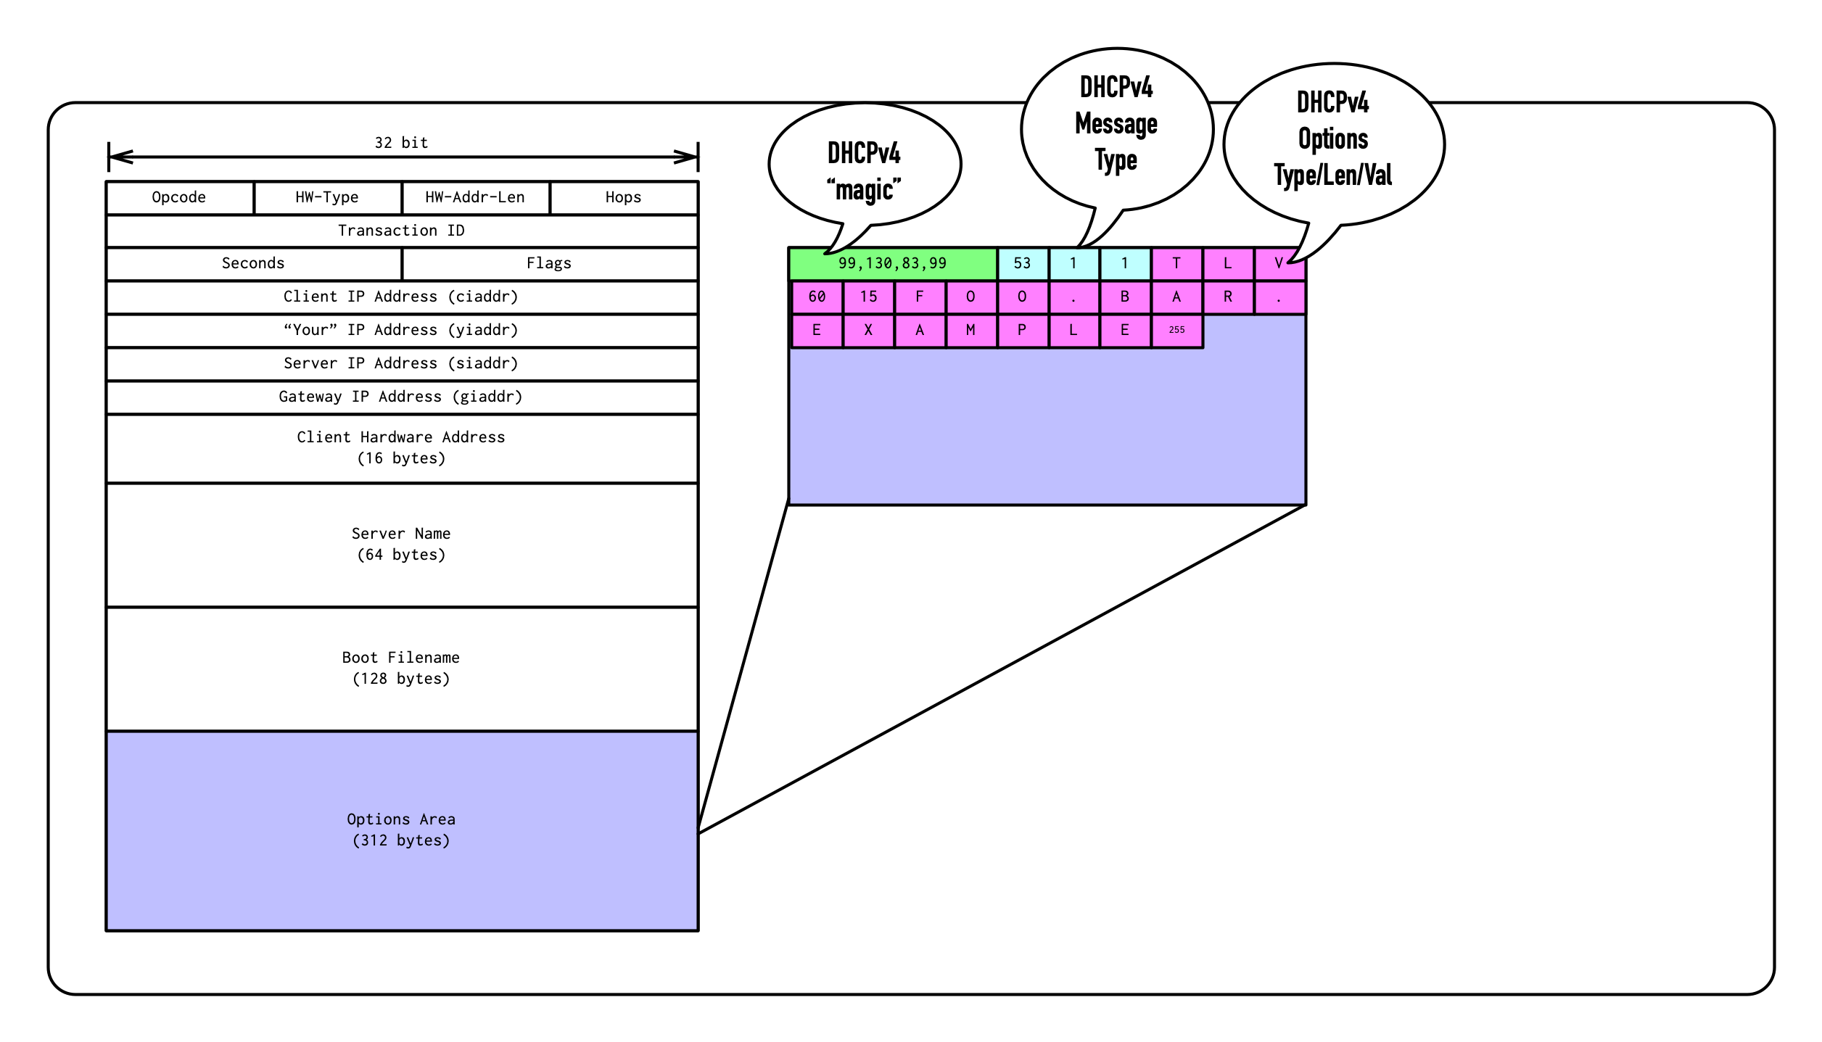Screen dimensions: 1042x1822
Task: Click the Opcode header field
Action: pos(179,197)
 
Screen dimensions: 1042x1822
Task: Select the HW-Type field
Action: pos(327,197)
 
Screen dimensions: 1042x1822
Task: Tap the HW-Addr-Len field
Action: pos(475,197)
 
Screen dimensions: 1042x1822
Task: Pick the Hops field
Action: pos(624,197)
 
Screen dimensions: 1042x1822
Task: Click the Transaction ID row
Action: pos(401,231)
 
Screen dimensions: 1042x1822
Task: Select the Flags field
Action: pos(549,263)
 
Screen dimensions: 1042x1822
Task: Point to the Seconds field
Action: pos(253,263)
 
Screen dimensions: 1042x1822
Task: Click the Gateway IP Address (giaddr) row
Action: pos(401,397)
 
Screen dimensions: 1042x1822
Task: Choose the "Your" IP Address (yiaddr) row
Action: pos(401,330)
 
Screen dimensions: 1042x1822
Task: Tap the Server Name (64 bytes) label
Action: pos(401,544)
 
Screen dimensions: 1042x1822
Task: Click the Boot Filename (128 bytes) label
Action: pos(401,668)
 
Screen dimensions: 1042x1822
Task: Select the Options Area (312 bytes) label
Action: pos(401,830)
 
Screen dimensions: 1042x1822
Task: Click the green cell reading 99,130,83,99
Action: pos(892,263)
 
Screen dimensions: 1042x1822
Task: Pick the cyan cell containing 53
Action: pos(1022,263)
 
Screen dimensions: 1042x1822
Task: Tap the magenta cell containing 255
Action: pos(1176,330)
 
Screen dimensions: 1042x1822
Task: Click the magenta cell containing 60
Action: pos(817,297)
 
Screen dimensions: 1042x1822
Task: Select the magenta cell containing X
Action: pos(868,330)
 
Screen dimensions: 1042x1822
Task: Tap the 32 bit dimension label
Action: pos(401,143)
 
